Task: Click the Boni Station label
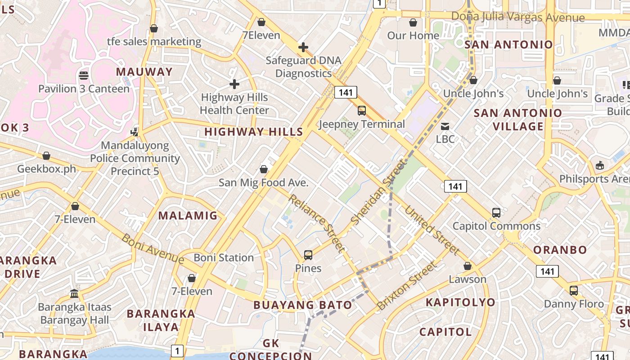click(x=224, y=258)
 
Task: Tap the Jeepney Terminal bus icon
click(x=361, y=111)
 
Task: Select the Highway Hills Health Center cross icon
click(x=234, y=84)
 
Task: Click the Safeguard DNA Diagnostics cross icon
click(x=303, y=47)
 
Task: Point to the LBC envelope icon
click(x=445, y=126)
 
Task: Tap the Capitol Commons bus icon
click(x=496, y=213)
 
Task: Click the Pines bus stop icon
click(x=308, y=255)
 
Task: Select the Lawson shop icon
click(x=468, y=266)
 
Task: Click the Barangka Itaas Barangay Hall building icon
click(x=74, y=294)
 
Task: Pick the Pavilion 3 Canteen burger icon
click(x=84, y=75)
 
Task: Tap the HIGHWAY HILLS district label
click(x=254, y=132)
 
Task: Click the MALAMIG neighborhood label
click(x=188, y=216)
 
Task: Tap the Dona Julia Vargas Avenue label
click(x=517, y=18)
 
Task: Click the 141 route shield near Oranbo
click(x=547, y=271)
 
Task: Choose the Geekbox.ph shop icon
click(x=46, y=156)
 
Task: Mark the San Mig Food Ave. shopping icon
click(x=264, y=170)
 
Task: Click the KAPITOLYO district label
click(x=460, y=302)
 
